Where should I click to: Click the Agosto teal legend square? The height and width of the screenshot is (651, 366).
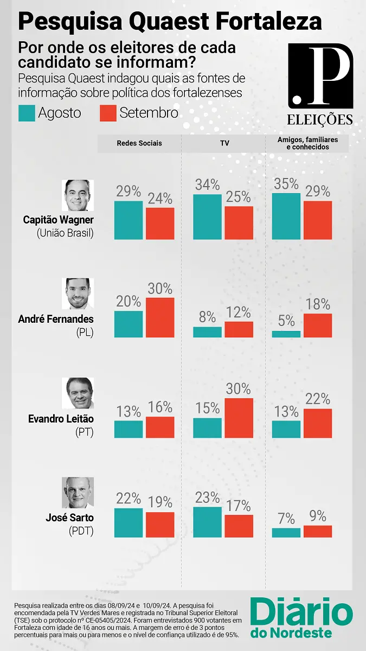tap(27, 113)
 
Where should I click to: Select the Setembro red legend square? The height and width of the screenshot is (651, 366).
tap(108, 113)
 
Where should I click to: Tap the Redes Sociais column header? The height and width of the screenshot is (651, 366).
tap(139, 144)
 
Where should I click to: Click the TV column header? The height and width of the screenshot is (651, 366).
tap(223, 144)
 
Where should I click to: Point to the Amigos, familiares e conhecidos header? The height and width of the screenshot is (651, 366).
tap(307, 143)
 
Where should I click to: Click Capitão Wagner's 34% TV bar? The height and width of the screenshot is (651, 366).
tap(208, 216)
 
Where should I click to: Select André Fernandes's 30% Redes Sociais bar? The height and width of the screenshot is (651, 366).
tap(160, 317)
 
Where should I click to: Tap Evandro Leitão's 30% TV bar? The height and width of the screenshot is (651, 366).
tap(239, 418)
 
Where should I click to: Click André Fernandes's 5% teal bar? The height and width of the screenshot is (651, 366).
tap(286, 334)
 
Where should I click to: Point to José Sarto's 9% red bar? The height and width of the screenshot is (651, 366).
tap(318, 531)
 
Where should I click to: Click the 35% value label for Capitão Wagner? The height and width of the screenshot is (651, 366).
tap(286, 183)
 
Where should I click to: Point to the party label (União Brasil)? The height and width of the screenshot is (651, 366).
tap(65, 233)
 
